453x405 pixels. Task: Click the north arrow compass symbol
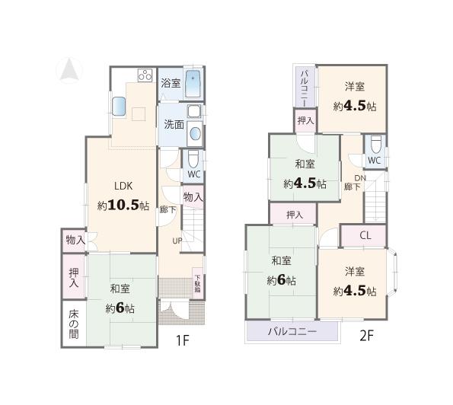pos(68,70)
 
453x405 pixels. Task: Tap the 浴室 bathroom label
pos(171,84)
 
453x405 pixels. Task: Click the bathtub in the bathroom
pos(193,82)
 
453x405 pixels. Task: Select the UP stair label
pos(176,241)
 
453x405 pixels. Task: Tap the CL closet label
pos(365,235)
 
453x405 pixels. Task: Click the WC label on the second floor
pos(374,161)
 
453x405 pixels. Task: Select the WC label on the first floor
pos(193,174)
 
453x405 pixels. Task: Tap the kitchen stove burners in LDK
pos(145,76)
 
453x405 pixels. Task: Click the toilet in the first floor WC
pos(193,158)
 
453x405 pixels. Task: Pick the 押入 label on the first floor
pos(73,277)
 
